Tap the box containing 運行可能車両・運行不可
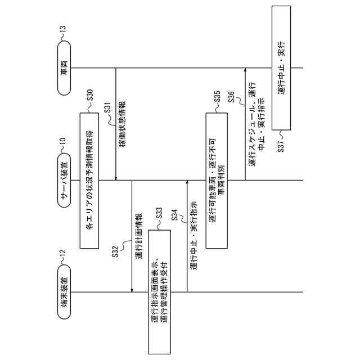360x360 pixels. pos(217,180)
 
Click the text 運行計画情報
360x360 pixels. pos(138,236)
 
